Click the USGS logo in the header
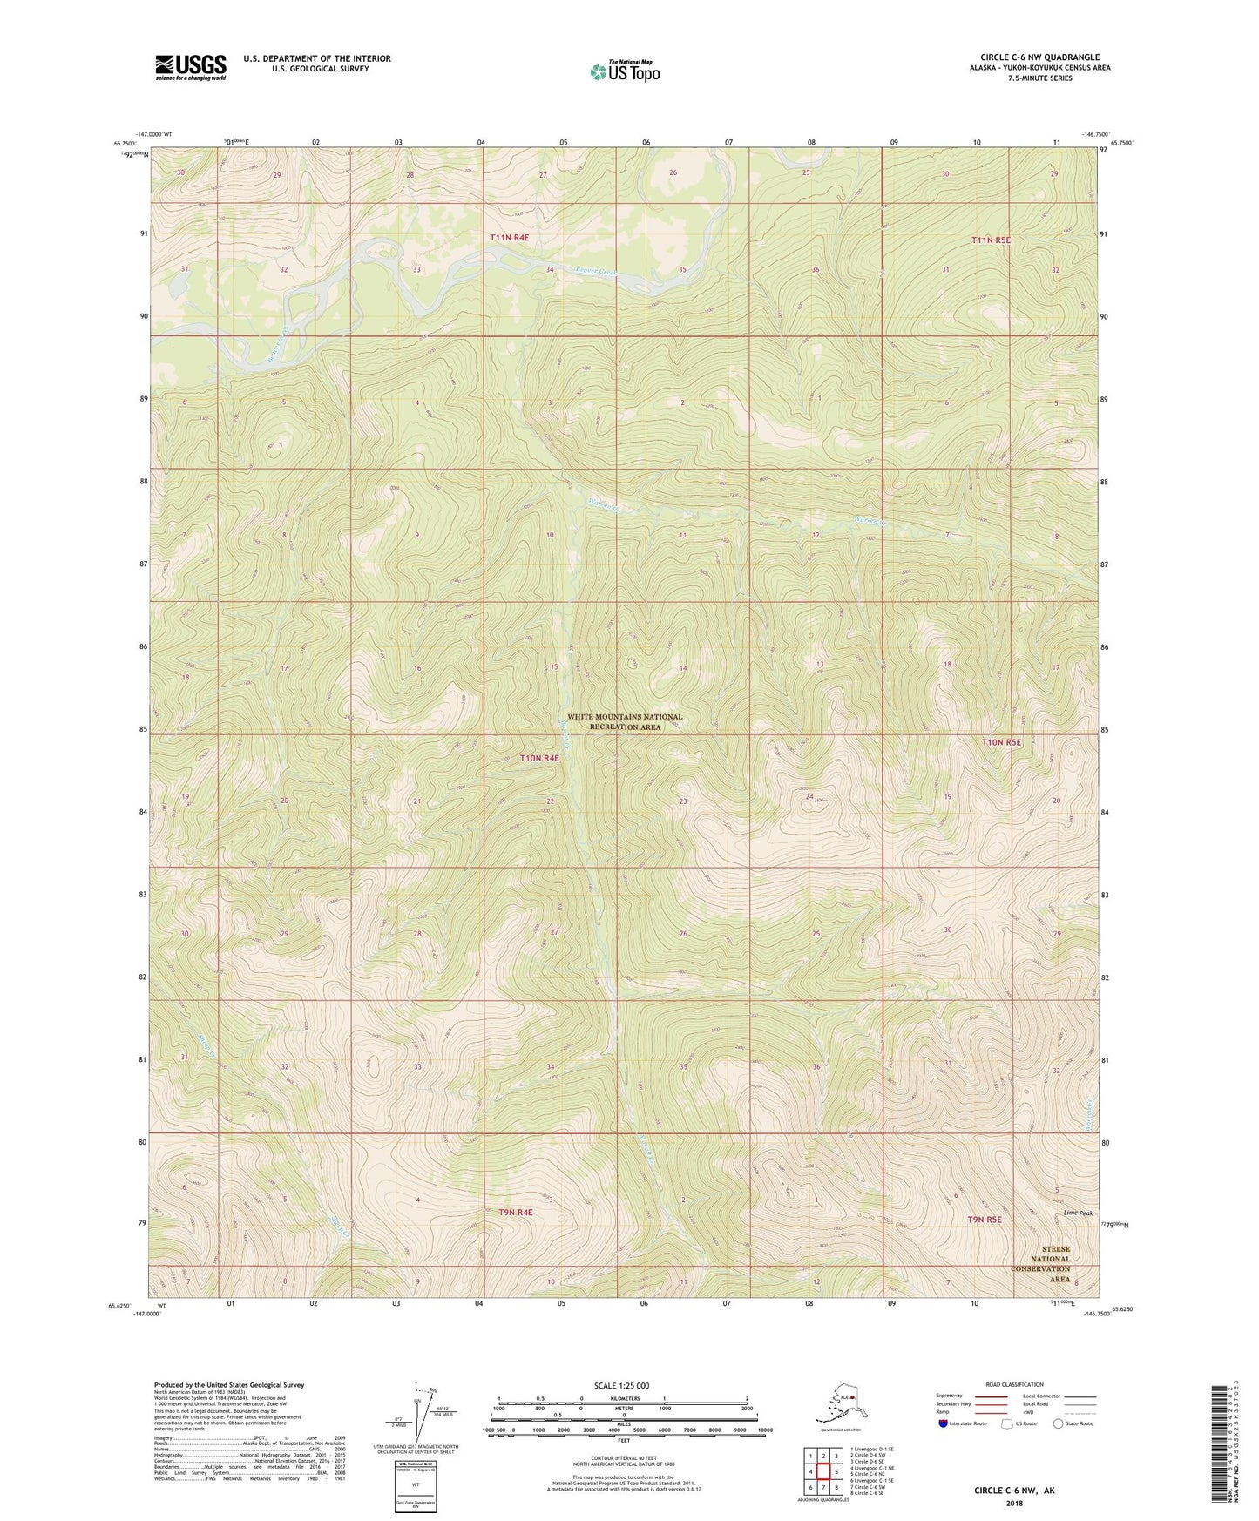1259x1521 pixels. pyautogui.click(x=190, y=67)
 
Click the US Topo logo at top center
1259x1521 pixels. pyautogui.click(x=624, y=71)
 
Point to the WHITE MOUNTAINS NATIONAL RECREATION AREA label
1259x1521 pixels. pyautogui.click(x=624, y=722)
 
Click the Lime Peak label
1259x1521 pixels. pyautogui.click(x=1078, y=1213)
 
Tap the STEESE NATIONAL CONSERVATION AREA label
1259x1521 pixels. pyautogui.click(x=1049, y=1264)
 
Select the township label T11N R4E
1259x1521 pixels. pyautogui.click(x=509, y=237)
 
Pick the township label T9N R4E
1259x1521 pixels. pyautogui.click(x=516, y=1212)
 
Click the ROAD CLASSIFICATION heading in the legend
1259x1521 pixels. pyautogui.click(x=1014, y=1384)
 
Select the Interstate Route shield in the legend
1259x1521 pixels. pyautogui.click(x=944, y=1423)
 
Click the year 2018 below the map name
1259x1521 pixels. pyautogui.click(x=1013, y=1503)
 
